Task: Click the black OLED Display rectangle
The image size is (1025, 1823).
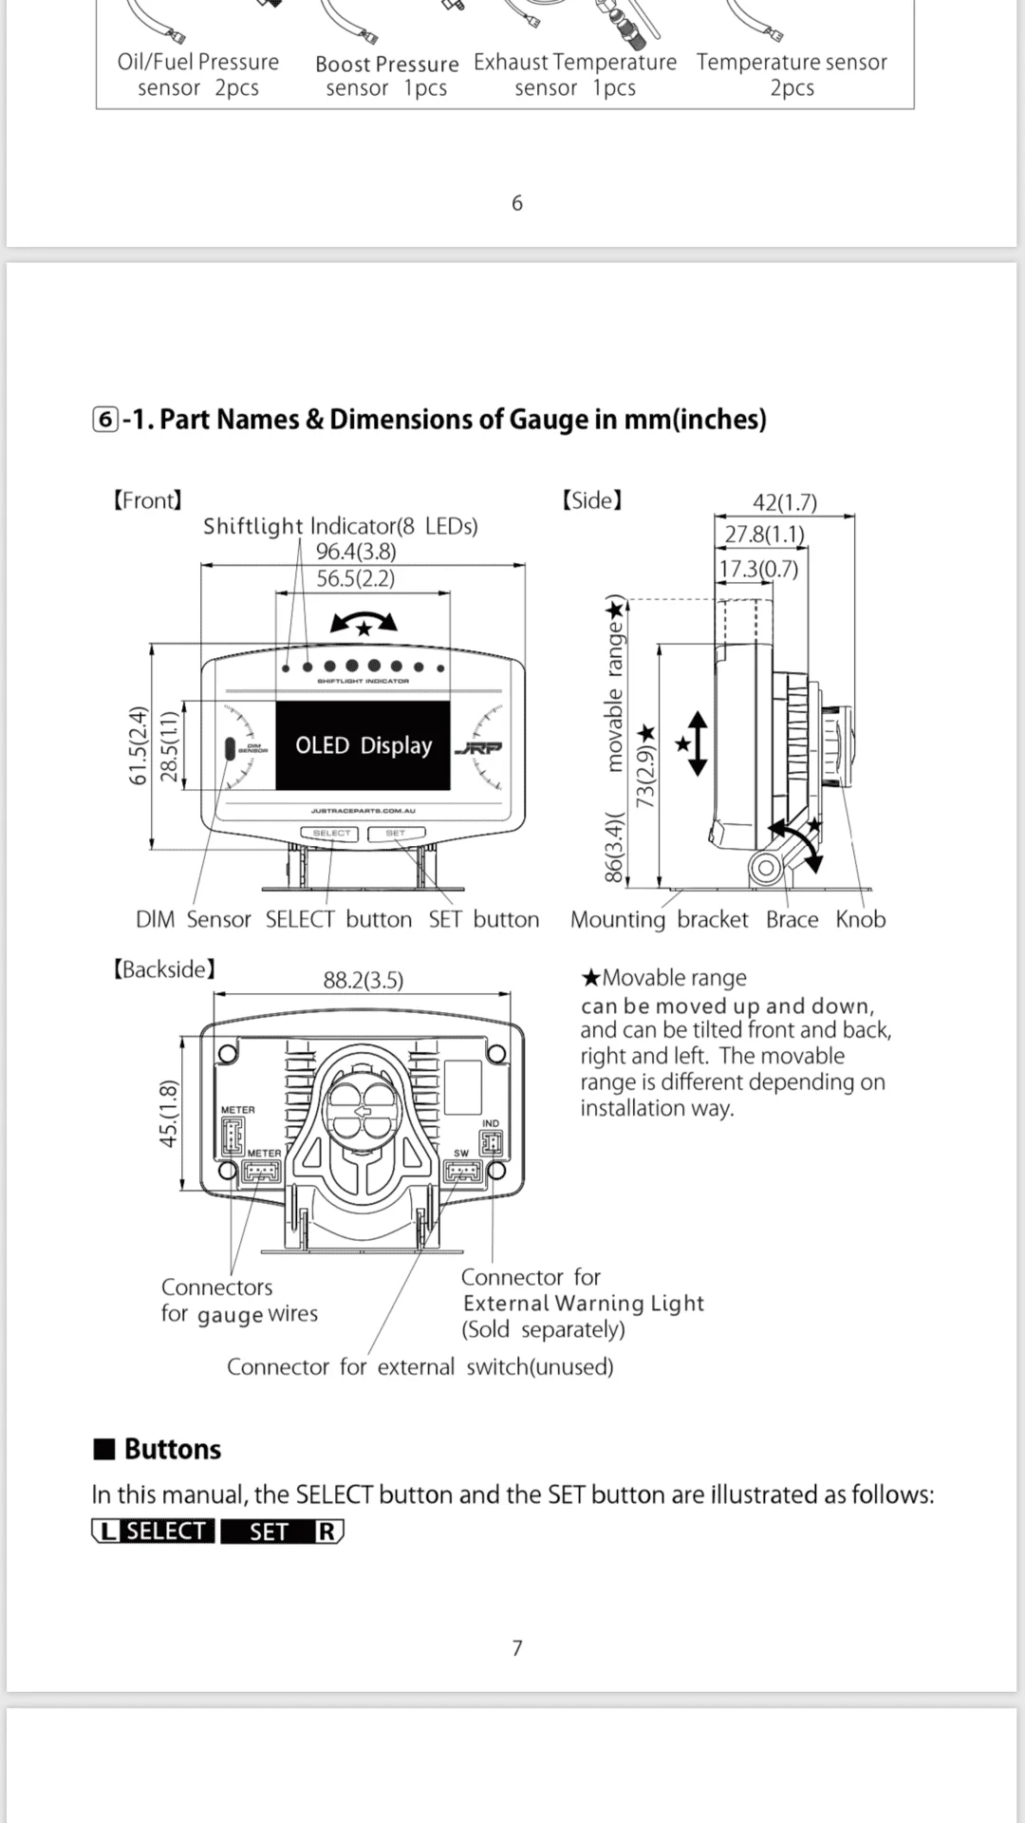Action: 363,745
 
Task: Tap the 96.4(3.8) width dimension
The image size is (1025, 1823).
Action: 356,552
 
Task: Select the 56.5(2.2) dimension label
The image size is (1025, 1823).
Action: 356,578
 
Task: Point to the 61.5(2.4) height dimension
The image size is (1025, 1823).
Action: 139,745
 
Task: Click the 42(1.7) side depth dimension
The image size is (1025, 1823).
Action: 785,502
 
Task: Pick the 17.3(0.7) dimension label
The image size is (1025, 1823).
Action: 758,569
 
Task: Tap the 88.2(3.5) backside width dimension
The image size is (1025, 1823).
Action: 363,980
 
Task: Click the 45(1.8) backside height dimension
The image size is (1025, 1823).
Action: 169,1113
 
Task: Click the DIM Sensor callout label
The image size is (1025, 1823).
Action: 194,919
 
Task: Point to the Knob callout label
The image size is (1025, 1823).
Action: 861,919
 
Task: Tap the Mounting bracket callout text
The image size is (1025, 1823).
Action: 660,920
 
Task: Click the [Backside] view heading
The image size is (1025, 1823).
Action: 164,969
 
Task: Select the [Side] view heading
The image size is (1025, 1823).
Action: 592,500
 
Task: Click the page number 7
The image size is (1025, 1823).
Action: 517,1648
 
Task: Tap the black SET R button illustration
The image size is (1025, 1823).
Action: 282,1532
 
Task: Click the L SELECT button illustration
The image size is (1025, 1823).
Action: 153,1532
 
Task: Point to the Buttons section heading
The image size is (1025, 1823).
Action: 158,1449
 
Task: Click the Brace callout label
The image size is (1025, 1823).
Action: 792,919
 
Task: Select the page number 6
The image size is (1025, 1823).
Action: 517,203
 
